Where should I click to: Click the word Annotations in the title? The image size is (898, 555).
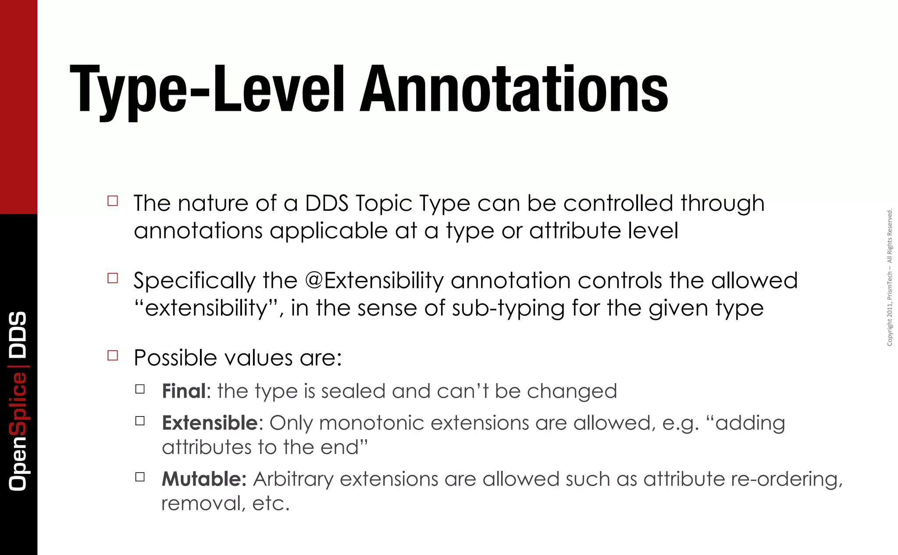pos(514,89)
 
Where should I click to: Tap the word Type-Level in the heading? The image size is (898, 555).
pos(207,90)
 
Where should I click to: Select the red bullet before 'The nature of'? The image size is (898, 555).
pos(113,201)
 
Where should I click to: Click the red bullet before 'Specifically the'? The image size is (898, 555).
pos(113,278)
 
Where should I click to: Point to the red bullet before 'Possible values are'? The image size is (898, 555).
pos(113,355)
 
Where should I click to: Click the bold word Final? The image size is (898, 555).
pos(184,391)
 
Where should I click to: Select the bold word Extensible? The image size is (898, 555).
pos(210,423)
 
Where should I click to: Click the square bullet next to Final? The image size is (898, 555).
pos(140,389)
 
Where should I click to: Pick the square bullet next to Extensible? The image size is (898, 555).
pos(140,421)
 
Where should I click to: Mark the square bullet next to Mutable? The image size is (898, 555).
pos(140,477)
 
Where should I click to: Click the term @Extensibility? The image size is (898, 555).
pos(374,281)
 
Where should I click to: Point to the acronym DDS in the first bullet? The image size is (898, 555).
pos(327,203)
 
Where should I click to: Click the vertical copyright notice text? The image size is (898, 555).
pos(890,277)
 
